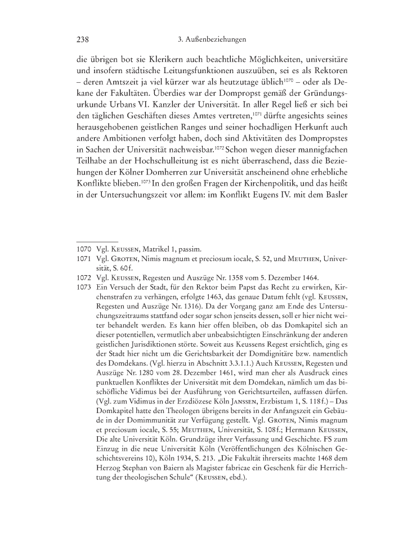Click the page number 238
pos(83,39)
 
